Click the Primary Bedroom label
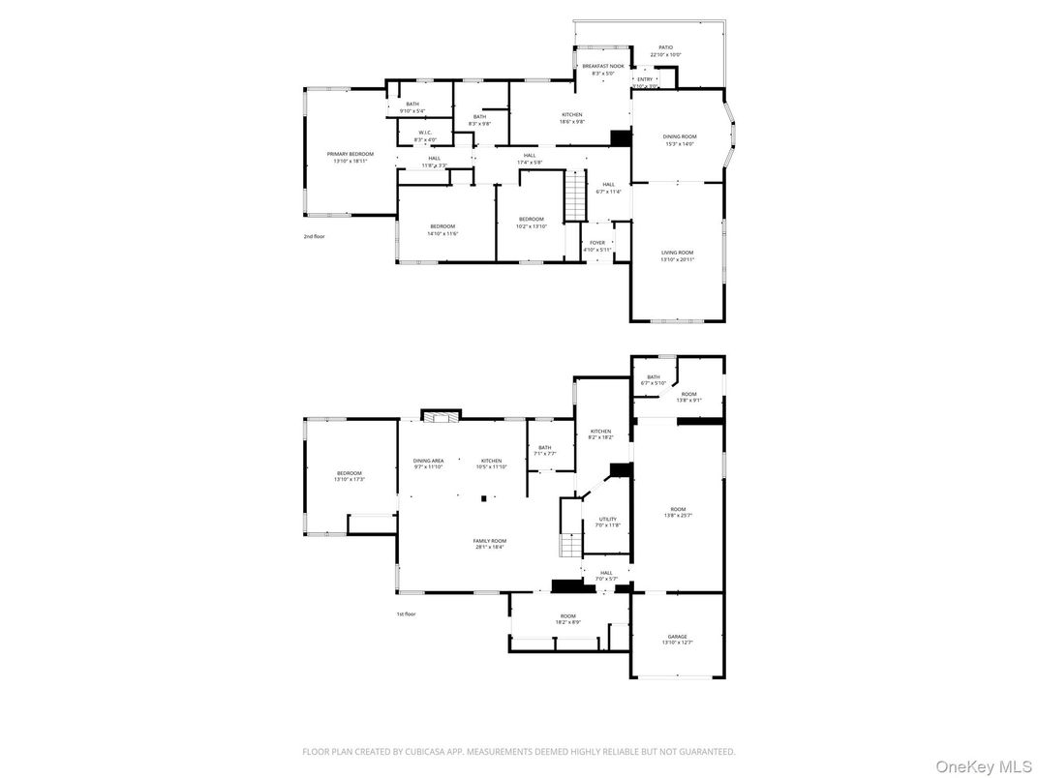pyautogui.click(x=350, y=154)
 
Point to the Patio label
pyautogui.click(x=665, y=47)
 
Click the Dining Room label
pyautogui.click(x=679, y=136)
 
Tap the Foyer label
pyautogui.click(x=597, y=243)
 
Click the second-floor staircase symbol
pyautogui.click(x=577, y=194)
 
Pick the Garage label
pyautogui.click(x=677, y=637)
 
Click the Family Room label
pyautogui.click(x=489, y=541)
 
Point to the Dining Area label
pyautogui.click(x=428, y=461)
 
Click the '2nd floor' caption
pyautogui.click(x=314, y=236)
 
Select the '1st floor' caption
pyautogui.click(x=406, y=613)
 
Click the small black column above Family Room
pyautogui.click(x=484, y=499)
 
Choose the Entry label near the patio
pyautogui.click(x=645, y=79)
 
